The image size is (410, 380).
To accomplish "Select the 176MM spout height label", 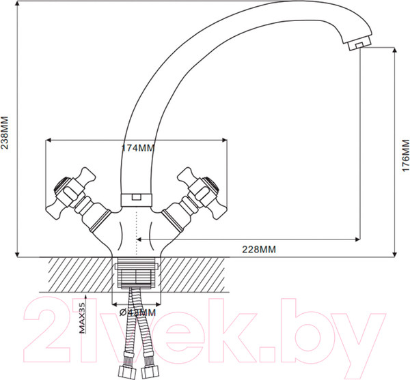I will point(405,155).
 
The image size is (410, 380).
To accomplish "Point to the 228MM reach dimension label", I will point(260,249).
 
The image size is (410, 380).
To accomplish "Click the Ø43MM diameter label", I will point(137,312).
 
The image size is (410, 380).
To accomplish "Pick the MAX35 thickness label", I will point(83,318).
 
